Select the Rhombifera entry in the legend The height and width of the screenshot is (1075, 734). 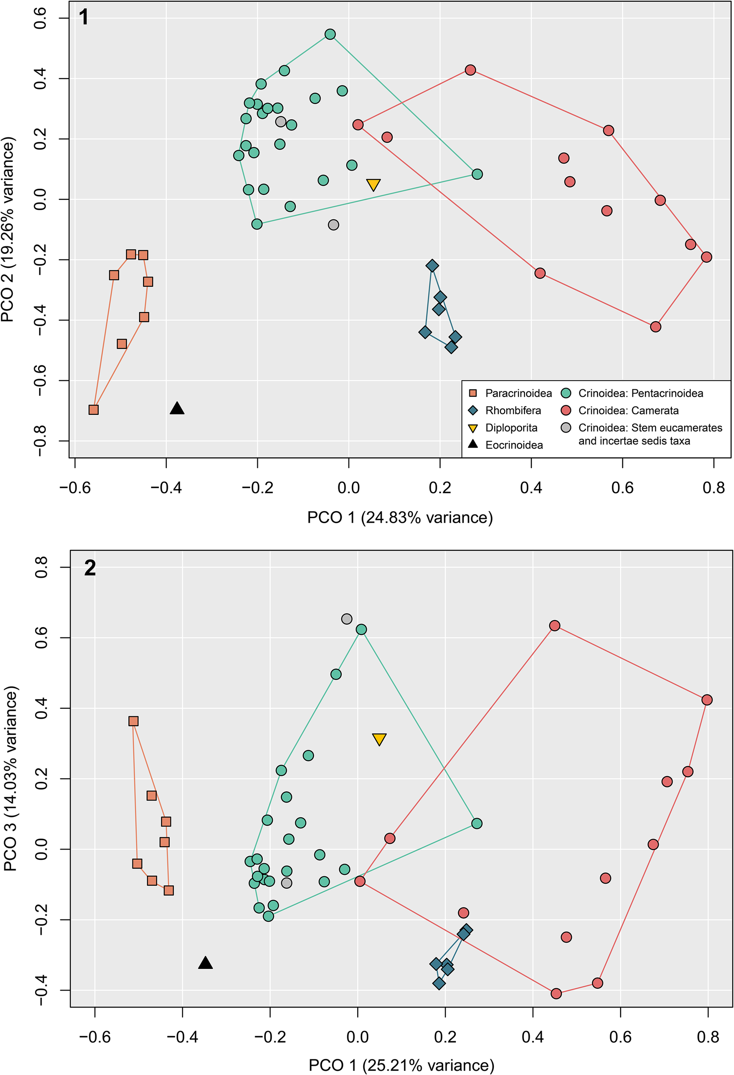pyautogui.click(x=512, y=410)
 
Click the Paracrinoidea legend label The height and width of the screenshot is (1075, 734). pyautogui.click(x=518, y=393)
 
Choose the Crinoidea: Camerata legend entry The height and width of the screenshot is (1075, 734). pyautogui.click(x=628, y=410)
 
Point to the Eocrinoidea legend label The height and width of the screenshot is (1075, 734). pyautogui.click(x=514, y=445)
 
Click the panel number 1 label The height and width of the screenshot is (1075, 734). pyautogui.click(x=84, y=18)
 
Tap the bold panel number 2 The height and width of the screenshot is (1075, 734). pyautogui.click(x=90, y=568)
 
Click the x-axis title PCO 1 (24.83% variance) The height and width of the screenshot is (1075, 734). pyautogui.click(x=400, y=517)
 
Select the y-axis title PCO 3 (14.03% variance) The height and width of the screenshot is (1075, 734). pyautogui.click(x=10, y=779)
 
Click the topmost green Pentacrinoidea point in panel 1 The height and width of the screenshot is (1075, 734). pyautogui.click(x=330, y=34)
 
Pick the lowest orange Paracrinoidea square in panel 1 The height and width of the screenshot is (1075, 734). pyautogui.click(x=93, y=410)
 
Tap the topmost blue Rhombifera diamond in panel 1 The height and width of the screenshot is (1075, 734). pyautogui.click(x=432, y=265)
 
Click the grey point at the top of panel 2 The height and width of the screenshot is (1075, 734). pyautogui.click(x=347, y=619)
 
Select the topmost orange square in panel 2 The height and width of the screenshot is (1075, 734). pyautogui.click(x=133, y=721)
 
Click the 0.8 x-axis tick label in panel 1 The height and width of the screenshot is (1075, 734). pyautogui.click(x=713, y=488)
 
